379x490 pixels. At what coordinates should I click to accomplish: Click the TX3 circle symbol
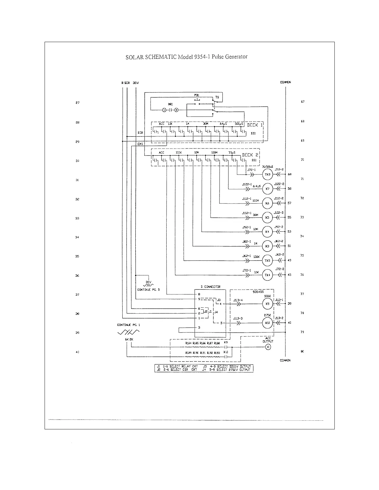267,175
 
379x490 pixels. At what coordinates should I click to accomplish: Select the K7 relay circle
267,189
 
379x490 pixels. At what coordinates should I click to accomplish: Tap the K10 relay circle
267,323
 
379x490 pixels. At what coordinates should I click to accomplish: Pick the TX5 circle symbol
267,260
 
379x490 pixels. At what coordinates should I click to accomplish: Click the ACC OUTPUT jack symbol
268,347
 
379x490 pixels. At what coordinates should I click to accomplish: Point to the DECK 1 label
255,125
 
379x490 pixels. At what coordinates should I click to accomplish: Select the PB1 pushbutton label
197,95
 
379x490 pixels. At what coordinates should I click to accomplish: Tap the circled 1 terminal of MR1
164,110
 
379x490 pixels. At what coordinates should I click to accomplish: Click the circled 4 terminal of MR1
176,110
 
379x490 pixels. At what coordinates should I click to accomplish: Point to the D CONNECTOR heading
210,287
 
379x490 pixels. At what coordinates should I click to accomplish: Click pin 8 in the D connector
199,294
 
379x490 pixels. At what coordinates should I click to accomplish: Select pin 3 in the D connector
199,328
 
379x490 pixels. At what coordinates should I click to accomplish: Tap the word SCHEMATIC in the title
160,57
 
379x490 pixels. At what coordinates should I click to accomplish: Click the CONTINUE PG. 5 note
149,290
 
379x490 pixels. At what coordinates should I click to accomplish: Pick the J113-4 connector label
238,300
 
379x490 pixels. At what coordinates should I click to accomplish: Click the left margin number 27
78,103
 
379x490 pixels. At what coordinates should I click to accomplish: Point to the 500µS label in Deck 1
239,124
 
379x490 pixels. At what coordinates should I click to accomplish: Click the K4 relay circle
267,232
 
